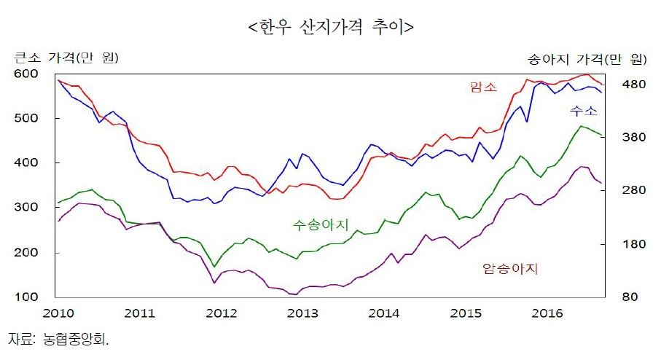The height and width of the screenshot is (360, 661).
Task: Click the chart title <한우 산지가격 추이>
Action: pyautogui.click(x=331, y=28)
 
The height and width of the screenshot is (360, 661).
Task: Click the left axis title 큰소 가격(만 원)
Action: pyautogui.click(x=66, y=58)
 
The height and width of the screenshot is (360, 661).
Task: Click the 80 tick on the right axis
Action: pyautogui.click(x=631, y=297)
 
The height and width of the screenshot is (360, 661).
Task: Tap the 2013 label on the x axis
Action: pyautogui.click(x=302, y=313)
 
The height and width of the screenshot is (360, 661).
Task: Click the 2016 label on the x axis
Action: pyautogui.click(x=547, y=313)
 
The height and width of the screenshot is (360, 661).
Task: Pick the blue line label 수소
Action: pyautogui.click(x=583, y=111)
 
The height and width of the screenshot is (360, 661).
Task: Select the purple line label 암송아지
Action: pyautogui.click(x=510, y=269)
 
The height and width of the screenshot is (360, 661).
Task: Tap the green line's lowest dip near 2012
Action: pyautogui.click(x=214, y=266)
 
